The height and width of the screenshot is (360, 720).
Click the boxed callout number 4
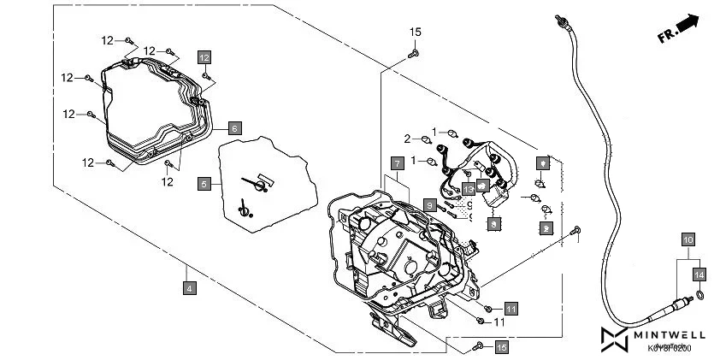(189, 289)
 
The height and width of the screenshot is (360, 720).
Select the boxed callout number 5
(204, 184)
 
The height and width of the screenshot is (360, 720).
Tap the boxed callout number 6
(235, 128)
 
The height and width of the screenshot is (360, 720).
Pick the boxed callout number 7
(397, 162)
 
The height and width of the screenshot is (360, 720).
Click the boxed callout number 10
(688, 240)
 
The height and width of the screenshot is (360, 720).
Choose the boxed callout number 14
(699, 274)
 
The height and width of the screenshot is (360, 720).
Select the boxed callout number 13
(469, 188)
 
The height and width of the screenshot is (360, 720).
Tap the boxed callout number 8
(430, 205)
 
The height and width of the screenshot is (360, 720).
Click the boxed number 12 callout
(204, 57)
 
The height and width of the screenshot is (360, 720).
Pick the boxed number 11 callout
(510, 308)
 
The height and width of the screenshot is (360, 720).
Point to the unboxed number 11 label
(499, 322)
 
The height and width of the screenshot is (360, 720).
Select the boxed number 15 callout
(502, 346)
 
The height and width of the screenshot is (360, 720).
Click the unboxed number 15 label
(415, 32)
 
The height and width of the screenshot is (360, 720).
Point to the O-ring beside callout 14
(699, 296)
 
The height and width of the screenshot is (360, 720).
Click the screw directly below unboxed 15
(413, 53)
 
